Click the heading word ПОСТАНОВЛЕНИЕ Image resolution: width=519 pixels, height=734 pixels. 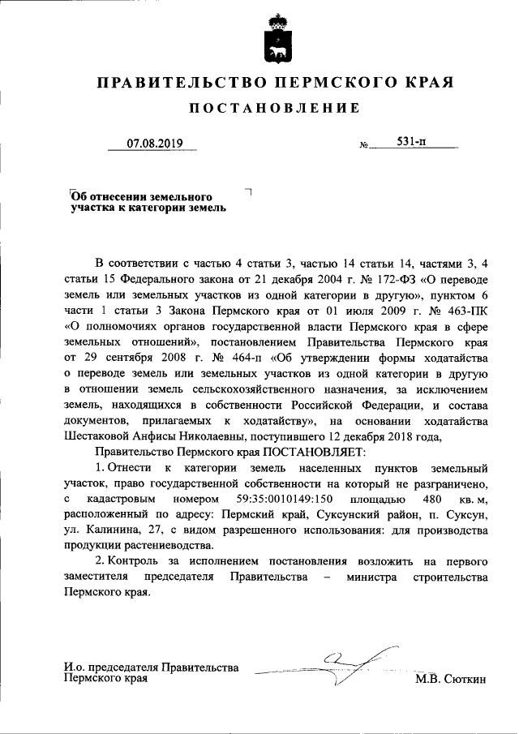(273, 109)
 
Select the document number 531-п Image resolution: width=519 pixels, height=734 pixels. (412, 142)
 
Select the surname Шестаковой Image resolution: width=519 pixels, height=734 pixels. (100, 434)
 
